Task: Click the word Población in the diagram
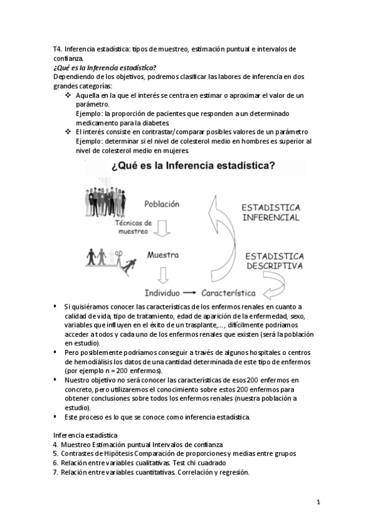(161, 204)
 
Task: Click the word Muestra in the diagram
(163, 255)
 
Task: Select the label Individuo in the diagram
(162, 292)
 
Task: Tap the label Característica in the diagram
(238, 292)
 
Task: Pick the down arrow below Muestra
(164, 274)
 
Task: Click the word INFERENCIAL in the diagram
(270, 218)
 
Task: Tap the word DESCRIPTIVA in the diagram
(274, 265)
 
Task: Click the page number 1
(318, 502)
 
